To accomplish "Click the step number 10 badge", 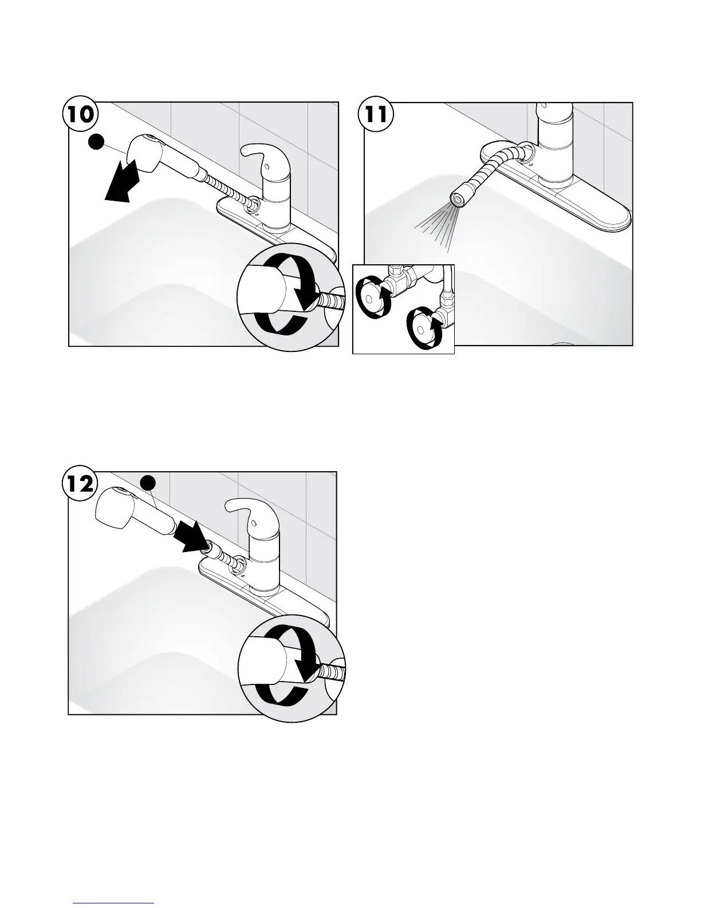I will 80,114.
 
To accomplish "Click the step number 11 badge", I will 376,114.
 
